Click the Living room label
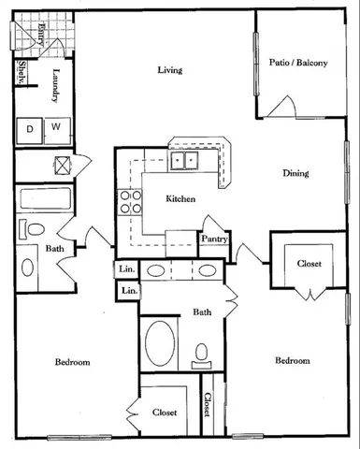tap(169, 70)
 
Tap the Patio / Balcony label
tap(299, 63)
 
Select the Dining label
tap(296, 173)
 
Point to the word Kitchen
tap(180, 199)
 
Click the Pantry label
tap(215, 239)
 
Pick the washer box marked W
tap(56, 126)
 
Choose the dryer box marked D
tap(31, 126)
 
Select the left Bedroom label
tap(71, 363)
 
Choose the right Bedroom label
tap(293, 362)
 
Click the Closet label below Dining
tap(309, 265)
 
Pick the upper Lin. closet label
tap(127, 271)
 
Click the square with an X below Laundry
tap(63, 165)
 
